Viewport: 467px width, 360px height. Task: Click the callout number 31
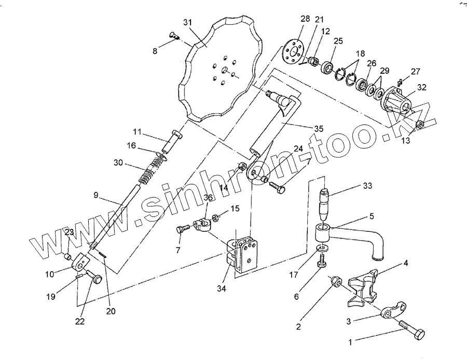(x=188, y=22)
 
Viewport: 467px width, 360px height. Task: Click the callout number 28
(x=305, y=19)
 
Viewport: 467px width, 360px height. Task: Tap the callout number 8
(x=154, y=51)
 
